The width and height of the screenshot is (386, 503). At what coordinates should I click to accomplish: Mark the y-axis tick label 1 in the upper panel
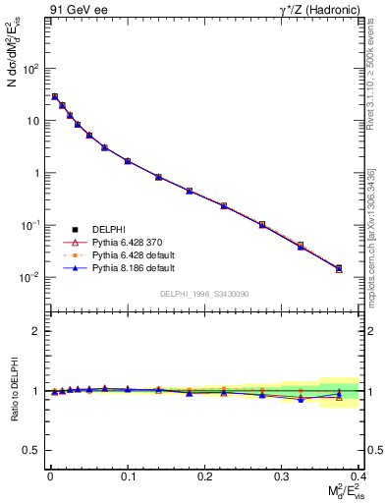[x=35, y=173]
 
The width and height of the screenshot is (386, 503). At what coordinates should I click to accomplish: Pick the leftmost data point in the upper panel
[x=55, y=96]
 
